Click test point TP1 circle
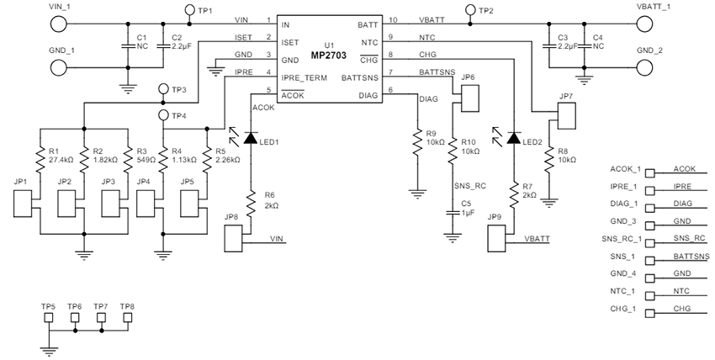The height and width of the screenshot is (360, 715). click(189, 10)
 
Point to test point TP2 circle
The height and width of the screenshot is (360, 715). click(469, 10)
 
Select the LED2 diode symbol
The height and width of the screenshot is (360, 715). click(513, 136)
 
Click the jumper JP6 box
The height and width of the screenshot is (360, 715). click(469, 97)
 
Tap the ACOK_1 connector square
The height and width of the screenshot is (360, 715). click(649, 168)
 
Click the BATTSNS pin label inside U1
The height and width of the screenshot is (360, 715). click(359, 77)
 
